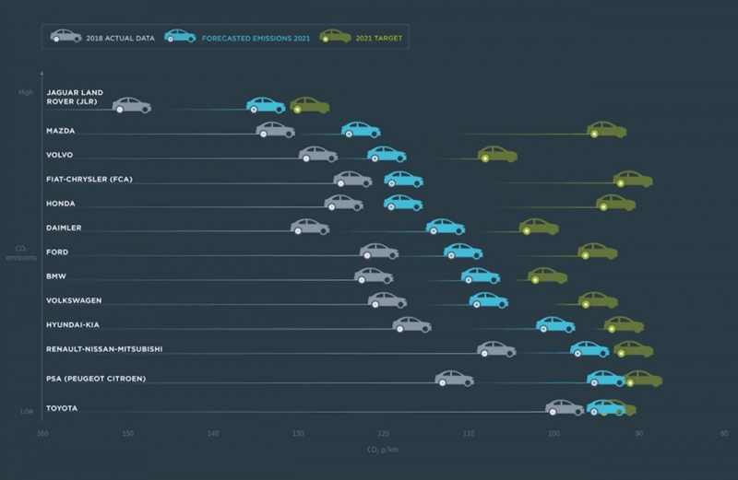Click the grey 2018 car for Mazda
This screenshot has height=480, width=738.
pyautogui.click(x=275, y=131)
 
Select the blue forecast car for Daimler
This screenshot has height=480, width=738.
pyautogui.click(x=445, y=227)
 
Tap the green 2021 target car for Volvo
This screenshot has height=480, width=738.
pyautogui.click(x=497, y=154)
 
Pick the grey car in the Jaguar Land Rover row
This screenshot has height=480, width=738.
pyautogui.click(x=132, y=105)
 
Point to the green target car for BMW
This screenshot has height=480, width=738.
pyautogui.click(x=547, y=275)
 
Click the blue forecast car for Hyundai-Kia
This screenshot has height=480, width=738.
pyautogui.click(x=555, y=324)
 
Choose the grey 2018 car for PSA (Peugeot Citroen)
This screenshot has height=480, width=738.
pyautogui.click(x=454, y=378)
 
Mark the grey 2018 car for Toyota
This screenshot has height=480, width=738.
pyautogui.click(x=565, y=407)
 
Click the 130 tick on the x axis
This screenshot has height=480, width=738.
pyautogui.click(x=297, y=433)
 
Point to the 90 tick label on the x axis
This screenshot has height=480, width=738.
pyautogui.click(x=638, y=433)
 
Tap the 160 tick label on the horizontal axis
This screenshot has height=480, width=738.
pyautogui.click(x=42, y=433)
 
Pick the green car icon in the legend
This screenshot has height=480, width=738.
pyautogui.click(x=334, y=36)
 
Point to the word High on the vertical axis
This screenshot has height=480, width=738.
pyautogui.click(x=25, y=92)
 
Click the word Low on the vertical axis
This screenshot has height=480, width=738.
pyautogui.click(x=27, y=411)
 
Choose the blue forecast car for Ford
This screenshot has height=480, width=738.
pyautogui.click(x=463, y=252)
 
